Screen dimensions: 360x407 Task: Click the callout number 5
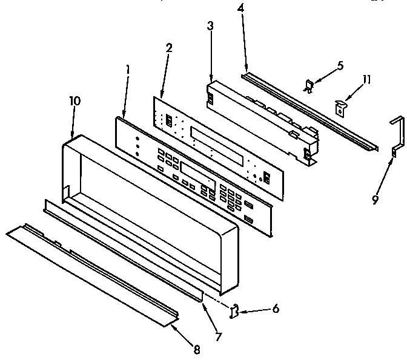pyautogui.click(x=340, y=65)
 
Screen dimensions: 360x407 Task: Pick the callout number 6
pyautogui.click(x=276, y=309)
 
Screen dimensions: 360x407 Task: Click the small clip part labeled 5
pyautogui.click(x=309, y=87)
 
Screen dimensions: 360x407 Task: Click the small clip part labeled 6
pyautogui.click(x=234, y=311)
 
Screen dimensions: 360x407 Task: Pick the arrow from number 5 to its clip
pyautogui.click(x=324, y=76)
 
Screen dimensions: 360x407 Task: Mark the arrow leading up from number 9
pyautogui.click(x=380, y=178)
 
